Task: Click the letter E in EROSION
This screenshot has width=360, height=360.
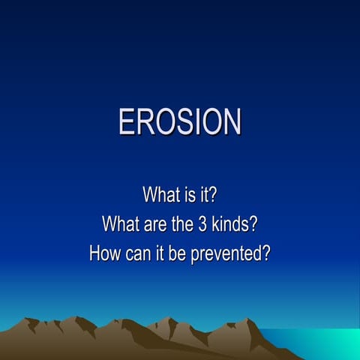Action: [x=127, y=122]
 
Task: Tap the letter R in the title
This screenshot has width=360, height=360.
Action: [x=145, y=122]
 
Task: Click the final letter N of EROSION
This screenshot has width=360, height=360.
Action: [x=231, y=122]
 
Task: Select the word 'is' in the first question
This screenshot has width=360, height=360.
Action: [x=188, y=196]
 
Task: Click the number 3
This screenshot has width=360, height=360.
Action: [x=204, y=223]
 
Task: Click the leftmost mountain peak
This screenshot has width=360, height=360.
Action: [x=31, y=320]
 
